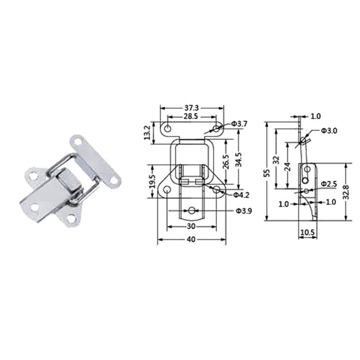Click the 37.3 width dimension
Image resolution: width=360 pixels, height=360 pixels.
[191, 108]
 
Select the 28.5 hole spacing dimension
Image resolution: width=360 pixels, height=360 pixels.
[191, 117]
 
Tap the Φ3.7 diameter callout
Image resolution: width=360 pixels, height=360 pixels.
[239, 123]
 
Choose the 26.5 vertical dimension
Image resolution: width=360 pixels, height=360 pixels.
[225, 162]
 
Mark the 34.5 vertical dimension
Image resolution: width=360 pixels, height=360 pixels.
[238, 160]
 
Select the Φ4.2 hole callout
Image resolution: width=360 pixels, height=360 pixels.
[242, 195]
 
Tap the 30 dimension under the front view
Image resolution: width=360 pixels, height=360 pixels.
[191, 227]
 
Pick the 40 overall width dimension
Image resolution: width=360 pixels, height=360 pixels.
[191, 240]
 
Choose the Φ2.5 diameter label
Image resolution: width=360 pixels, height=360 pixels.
[329, 184]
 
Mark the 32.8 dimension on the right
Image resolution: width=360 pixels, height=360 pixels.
[346, 192]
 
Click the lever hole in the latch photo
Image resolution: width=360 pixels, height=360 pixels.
[35, 207]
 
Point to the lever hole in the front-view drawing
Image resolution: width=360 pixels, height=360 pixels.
[192, 210]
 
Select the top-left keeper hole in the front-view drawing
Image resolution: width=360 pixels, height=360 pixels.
[167, 129]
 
